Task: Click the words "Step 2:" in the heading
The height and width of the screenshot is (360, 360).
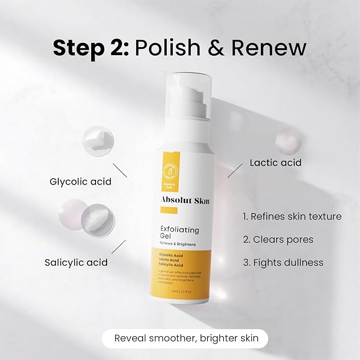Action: [x=89, y=48]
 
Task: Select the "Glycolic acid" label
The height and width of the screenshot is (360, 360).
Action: [x=81, y=181]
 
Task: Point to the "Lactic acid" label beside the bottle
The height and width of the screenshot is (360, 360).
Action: [x=276, y=162]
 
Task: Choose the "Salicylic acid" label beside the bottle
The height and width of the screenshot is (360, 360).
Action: [x=76, y=262]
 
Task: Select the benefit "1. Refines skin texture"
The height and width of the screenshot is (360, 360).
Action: [x=292, y=216]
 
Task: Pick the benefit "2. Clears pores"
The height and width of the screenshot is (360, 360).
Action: [x=278, y=239]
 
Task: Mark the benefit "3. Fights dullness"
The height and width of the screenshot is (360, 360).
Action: [x=283, y=262]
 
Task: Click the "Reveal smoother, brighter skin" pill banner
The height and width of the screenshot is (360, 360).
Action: [x=185, y=339]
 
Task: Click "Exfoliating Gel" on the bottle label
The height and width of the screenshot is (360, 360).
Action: [x=179, y=234]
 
